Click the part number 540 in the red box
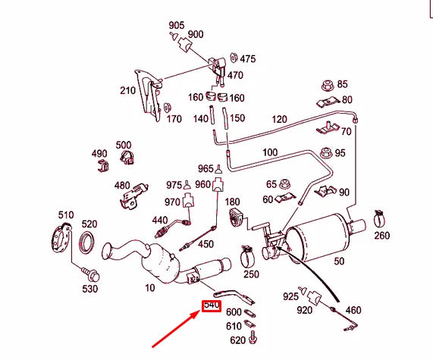[211, 306]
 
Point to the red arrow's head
[200, 313]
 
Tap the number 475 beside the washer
[248, 58]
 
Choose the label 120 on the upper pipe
[279, 120]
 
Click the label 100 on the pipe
[270, 153]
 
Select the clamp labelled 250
[247, 255]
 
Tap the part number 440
[159, 220]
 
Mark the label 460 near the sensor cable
[353, 311]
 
